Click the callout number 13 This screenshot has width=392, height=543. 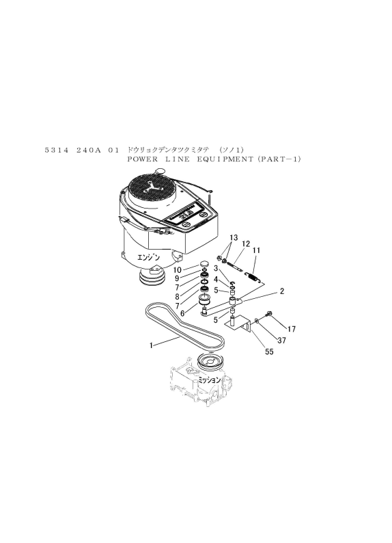pos(234,237)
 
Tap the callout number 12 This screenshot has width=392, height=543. pos(246,243)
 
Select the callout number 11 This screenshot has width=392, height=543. pos(257,250)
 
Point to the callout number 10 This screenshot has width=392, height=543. pos(178,269)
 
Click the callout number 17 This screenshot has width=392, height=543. pos(292,329)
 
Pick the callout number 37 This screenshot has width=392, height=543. pos(282,341)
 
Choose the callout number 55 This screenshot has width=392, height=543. pos(269,352)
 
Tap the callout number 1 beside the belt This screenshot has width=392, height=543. pos(151,345)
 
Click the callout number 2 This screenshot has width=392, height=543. pos(282,291)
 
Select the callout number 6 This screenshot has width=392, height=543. pos(182,313)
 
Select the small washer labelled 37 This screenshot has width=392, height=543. pos(256,321)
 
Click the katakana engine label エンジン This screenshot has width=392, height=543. pos(149,258)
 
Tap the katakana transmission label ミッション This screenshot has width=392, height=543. pos(209,380)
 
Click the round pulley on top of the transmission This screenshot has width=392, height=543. pos(210,361)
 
